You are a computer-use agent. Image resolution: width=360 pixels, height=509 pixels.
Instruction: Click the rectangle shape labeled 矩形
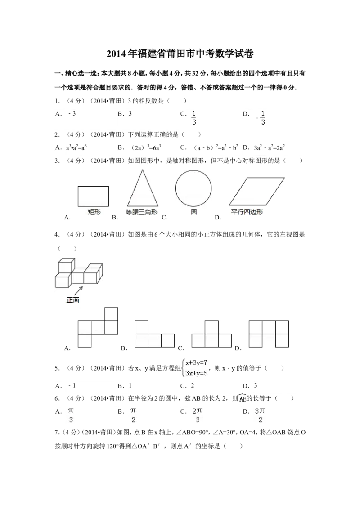coord(93,196)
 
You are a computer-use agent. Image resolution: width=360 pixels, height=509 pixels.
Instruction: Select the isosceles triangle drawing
coord(142,189)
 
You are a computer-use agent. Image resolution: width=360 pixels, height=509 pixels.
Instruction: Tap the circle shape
coord(193,188)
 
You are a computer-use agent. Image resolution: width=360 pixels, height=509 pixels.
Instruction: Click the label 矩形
coord(94,212)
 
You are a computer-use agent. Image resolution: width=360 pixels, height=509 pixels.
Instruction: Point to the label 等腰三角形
coord(142,212)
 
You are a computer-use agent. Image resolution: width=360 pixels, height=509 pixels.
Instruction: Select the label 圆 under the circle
coord(193,212)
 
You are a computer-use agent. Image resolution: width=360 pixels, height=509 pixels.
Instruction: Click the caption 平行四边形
coord(247,212)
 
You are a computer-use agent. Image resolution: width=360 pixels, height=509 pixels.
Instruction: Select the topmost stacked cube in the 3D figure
coord(66,266)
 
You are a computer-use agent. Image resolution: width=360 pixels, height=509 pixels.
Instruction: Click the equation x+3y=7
coord(196,363)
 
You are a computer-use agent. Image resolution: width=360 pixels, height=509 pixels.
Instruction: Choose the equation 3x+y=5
coord(196,372)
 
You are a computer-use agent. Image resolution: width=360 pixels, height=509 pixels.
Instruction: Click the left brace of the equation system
coord(181,367)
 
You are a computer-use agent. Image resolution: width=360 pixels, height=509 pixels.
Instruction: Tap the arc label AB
coord(243,399)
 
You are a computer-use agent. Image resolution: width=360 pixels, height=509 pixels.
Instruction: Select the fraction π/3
coord(71,416)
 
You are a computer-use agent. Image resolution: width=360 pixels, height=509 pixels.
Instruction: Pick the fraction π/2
coord(133,416)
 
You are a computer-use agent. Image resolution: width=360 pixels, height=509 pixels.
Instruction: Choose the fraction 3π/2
coord(259,416)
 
